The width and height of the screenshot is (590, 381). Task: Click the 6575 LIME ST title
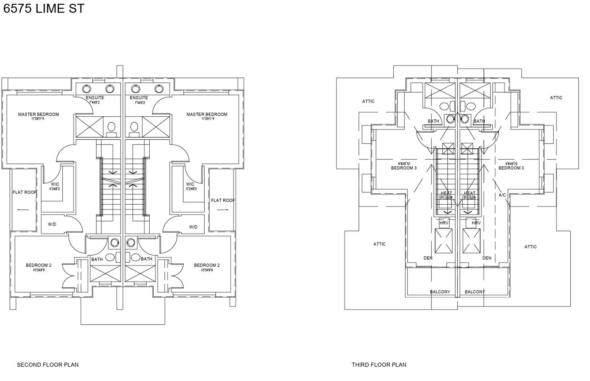click(x=44, y=9)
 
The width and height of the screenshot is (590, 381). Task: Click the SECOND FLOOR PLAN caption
click(x=48, y=365)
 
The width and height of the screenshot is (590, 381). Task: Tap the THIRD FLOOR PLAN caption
click(x=379, y=365)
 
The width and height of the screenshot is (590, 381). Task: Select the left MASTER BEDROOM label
click(x=38, y=114)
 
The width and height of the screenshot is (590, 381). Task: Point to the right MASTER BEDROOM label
click(x=207, y=114)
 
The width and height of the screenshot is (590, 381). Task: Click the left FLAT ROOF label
click(x=24, y=192)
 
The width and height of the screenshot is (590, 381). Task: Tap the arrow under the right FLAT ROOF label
click(x=223, y=210)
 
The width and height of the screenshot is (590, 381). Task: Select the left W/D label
click(x=52, y=224)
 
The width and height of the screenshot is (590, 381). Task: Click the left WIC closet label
click(x=55, y=184)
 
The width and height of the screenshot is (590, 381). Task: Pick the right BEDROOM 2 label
click(x=207, y=265)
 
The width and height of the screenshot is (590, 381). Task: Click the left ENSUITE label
click(x=95, y=98)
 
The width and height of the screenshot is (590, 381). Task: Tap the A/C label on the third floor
click(x=502, y=195)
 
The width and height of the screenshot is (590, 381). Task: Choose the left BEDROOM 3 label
click(x=404, y=168)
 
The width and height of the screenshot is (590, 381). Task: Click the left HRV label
click(x=444, y=223)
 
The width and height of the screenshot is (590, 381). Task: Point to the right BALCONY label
click(x=475, y=292)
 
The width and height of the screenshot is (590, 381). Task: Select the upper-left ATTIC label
click(x=368, y=101)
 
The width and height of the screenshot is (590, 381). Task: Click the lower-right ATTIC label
click(x=530, y=247)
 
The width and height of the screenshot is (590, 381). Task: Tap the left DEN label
click(x=428, y=258)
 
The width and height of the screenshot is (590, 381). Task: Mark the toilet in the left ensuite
click(x=111, y=128)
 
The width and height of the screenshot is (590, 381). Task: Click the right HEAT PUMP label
click(x=470, y=195)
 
